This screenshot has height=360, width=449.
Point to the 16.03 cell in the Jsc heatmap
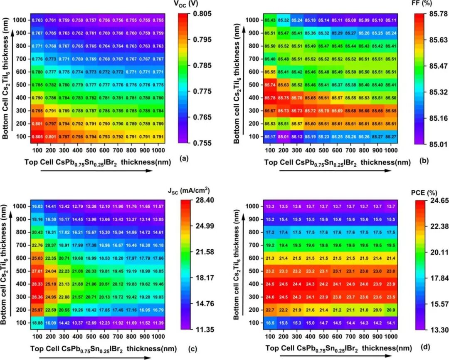click(37, 206)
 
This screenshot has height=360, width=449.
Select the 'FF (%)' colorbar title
click(425, 5)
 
